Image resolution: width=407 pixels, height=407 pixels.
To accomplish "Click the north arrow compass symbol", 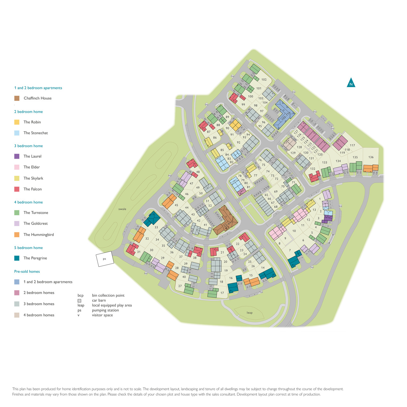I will (x=351, y=83).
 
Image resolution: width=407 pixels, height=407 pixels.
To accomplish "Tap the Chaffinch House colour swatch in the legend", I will (x=17, y=98).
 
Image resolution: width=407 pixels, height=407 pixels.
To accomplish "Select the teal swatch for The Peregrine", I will (x=17, y=258).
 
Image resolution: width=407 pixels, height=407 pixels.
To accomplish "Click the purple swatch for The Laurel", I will (x=17, y=156).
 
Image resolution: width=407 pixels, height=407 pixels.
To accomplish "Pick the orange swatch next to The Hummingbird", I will (x=17, y=235).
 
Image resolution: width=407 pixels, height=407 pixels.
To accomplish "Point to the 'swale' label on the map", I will (x=122, y=209).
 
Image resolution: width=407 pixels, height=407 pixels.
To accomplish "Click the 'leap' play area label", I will (x=250, y=313).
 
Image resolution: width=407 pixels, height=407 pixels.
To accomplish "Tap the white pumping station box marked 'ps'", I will (x=105, y=259).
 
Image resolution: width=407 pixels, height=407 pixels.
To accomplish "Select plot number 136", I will (x=371, y=157).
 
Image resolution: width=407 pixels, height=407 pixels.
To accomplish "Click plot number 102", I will (x=264, y=79).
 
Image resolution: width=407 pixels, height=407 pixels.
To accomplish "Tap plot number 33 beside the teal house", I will (x=156, y=227).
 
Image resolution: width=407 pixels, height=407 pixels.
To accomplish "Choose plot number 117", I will (x=352, y=145).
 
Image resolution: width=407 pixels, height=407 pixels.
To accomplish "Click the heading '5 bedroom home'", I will (x=28, y=248).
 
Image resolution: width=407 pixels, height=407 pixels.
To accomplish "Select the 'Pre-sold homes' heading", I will (x=27, y=272).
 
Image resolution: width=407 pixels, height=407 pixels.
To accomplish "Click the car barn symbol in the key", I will (x=79, y=300).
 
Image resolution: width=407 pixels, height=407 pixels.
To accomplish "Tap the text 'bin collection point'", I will (x=108, y=295).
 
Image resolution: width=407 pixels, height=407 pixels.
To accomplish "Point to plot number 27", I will (x=180, y=286).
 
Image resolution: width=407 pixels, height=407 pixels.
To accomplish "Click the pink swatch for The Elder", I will (x=17, y=167).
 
